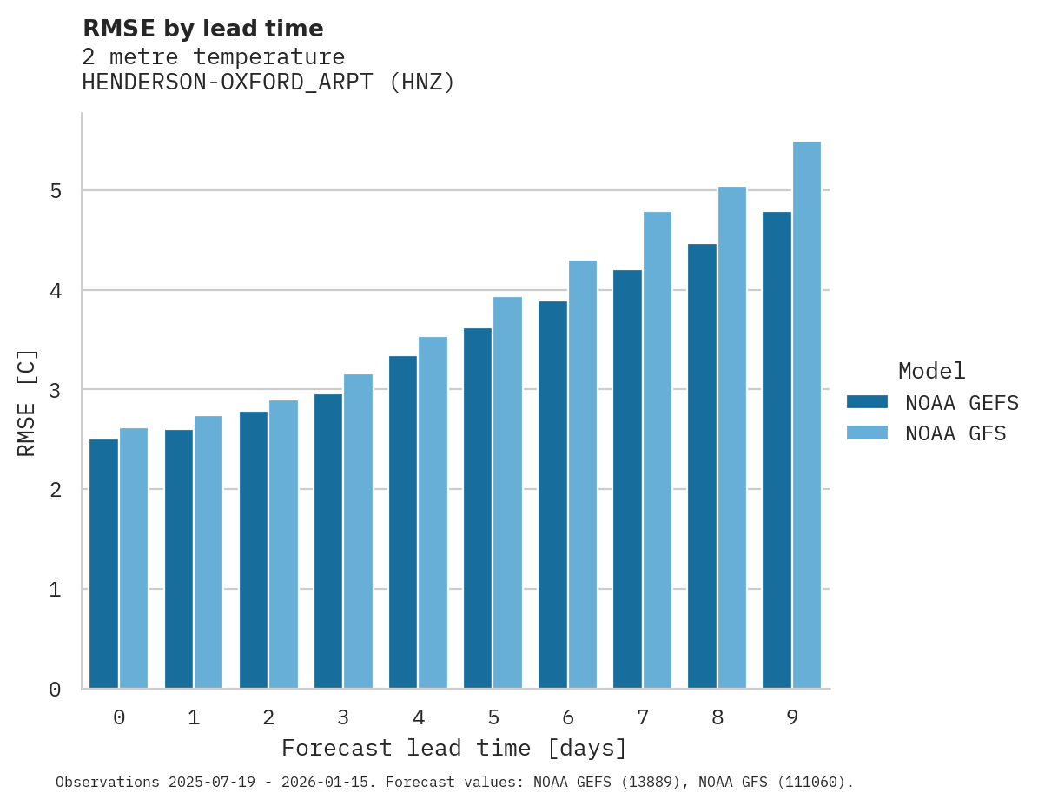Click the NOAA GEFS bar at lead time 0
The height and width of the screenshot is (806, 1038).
103,564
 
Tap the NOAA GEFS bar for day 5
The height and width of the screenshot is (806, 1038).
478,508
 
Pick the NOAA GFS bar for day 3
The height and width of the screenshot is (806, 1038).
358,532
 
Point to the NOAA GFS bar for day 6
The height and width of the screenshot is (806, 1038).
582,474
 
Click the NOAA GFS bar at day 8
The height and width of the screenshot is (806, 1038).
732,438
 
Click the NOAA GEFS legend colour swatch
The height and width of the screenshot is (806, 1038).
867,402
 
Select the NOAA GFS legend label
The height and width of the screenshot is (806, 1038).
955,433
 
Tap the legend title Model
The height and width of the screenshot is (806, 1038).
931,371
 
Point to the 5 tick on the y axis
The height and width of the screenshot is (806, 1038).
55,191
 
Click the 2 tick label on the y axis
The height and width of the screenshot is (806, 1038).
55,490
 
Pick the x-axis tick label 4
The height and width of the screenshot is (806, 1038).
419,718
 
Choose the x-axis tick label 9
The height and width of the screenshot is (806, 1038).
792,718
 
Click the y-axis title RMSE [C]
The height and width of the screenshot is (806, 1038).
27,402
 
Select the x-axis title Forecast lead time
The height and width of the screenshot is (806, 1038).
453,749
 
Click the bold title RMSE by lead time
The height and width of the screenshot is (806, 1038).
202,29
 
